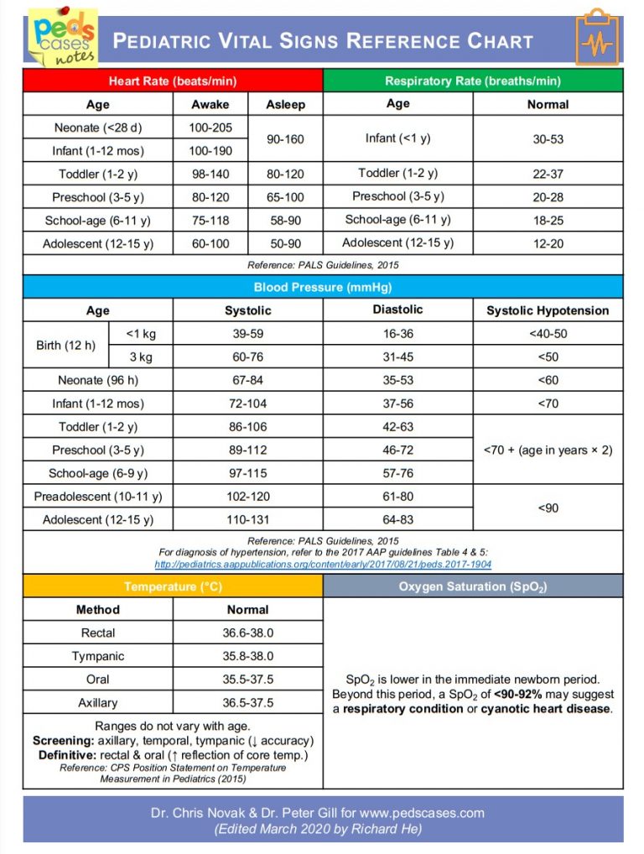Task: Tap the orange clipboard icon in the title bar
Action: click(596, 39)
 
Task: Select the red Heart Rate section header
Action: click(172, 81)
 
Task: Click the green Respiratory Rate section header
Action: click(473, 81)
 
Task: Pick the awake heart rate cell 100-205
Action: click(210, 128)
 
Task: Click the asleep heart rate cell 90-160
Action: click(285, 139)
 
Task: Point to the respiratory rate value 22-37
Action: click(548, 174)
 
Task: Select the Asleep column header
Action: click(285, 105)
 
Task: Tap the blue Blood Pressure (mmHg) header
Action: click(323, 287)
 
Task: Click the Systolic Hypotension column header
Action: click(548, 310)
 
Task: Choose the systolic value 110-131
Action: click(247, 519)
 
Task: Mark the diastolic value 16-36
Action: click(397, 334)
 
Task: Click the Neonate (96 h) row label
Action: click(97, 380)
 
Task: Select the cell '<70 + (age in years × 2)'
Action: click(548, 450)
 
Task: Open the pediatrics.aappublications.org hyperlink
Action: click(323, 565)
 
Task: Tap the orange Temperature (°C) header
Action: click(172, 586)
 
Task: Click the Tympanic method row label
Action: click(97, 656)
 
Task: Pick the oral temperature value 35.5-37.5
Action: click(247, 680)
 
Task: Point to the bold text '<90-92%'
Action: click(518, 695)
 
